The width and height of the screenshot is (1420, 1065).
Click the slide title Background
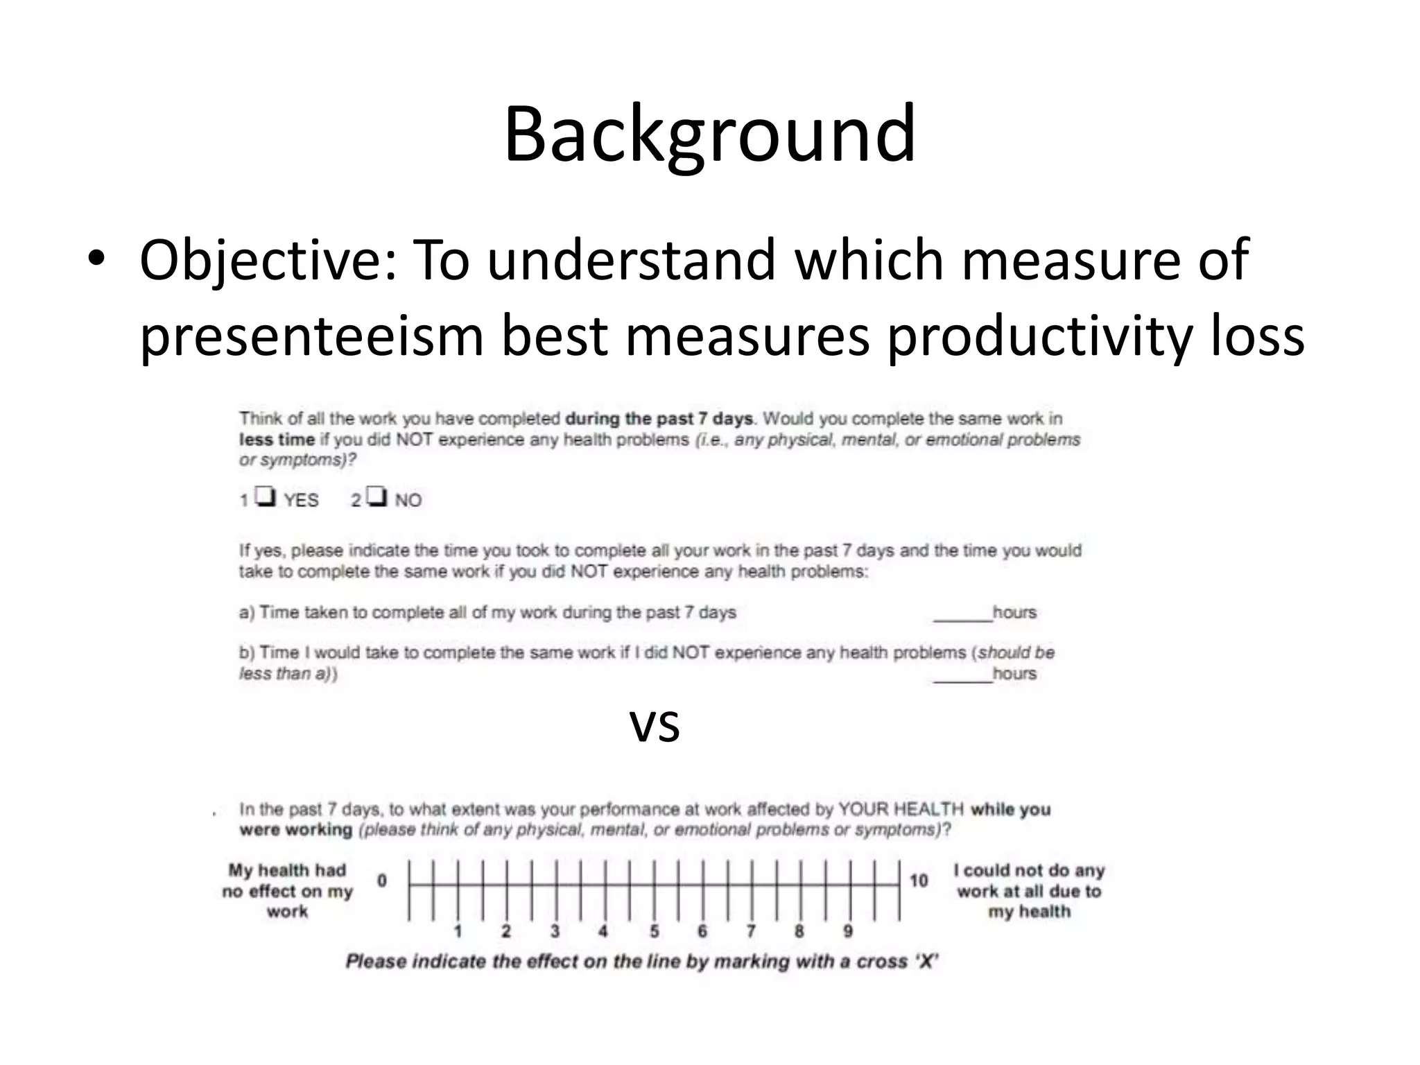click(x=709, y=133)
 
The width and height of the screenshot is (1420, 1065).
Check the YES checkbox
click(x=266, y=496)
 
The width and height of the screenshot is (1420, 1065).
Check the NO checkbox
click(x=376, y=496)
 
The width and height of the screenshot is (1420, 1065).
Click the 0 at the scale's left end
click(x=382, y=881)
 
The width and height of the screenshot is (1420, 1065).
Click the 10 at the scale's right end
click(x=919, y=881)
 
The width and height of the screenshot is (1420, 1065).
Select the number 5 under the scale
click(x=654, y=931)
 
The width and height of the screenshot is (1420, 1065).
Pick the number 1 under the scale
click(x=458, y=931)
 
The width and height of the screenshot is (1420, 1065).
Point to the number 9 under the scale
click(x=847, y=931)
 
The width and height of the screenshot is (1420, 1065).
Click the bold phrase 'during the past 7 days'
click(x=659, y=419)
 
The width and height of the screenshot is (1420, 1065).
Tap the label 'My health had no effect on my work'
click(x=287, y=891)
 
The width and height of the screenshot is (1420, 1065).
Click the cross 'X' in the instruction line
click(x=926, y=962)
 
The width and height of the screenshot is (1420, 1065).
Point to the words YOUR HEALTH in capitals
click(x=901, y=809)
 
